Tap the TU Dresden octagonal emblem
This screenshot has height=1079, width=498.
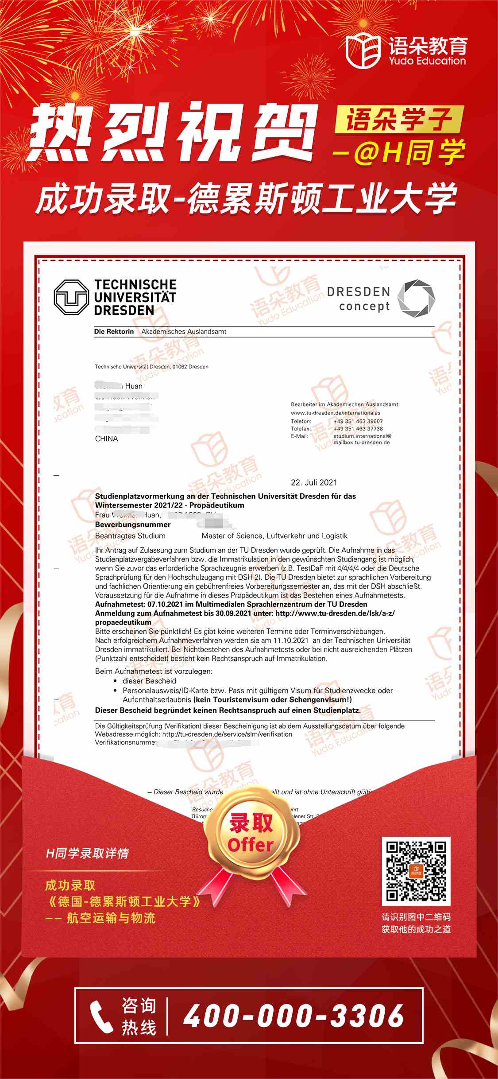click(x=71, y=297)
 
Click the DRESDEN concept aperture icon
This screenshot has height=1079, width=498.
click(x=416, y=298)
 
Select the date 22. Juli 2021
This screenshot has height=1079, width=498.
click(x=314, y=482)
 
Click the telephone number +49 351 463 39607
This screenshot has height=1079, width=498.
click(x=358, y=421)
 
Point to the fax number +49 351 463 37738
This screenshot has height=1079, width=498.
click(x=358, y=428)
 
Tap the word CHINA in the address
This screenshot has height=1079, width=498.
click(x=106, y=439)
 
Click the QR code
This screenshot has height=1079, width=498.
click(x=416, y=871)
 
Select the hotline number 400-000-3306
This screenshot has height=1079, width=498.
click(x=293, y=1016)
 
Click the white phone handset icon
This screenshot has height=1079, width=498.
click(x=101, y=1017)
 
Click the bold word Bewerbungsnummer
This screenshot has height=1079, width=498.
click(x=133, y=524)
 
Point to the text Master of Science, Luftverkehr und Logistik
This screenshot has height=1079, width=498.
click(x=274, y=536)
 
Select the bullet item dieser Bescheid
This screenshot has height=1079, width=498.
click(x=149, y=681)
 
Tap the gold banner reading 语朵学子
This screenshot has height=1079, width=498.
click(x=398, y=120)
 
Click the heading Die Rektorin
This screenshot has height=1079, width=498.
click(x=114, y=331)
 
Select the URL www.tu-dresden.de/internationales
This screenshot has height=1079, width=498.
click(x=335, y=413)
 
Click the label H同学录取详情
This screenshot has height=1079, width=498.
click(x=87, y=853)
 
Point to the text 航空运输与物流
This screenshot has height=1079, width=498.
click(x=111, y=918)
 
